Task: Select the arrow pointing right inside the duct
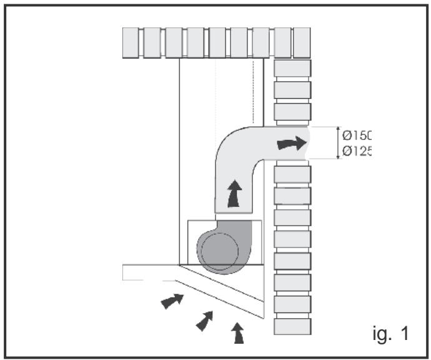292,144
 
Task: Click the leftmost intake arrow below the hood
172,301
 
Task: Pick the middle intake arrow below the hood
204,321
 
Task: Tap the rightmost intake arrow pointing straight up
238,332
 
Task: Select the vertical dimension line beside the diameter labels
339,143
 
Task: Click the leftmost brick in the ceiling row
132,42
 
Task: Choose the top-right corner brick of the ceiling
302,42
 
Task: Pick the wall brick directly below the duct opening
292,175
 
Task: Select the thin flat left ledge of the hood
147,272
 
